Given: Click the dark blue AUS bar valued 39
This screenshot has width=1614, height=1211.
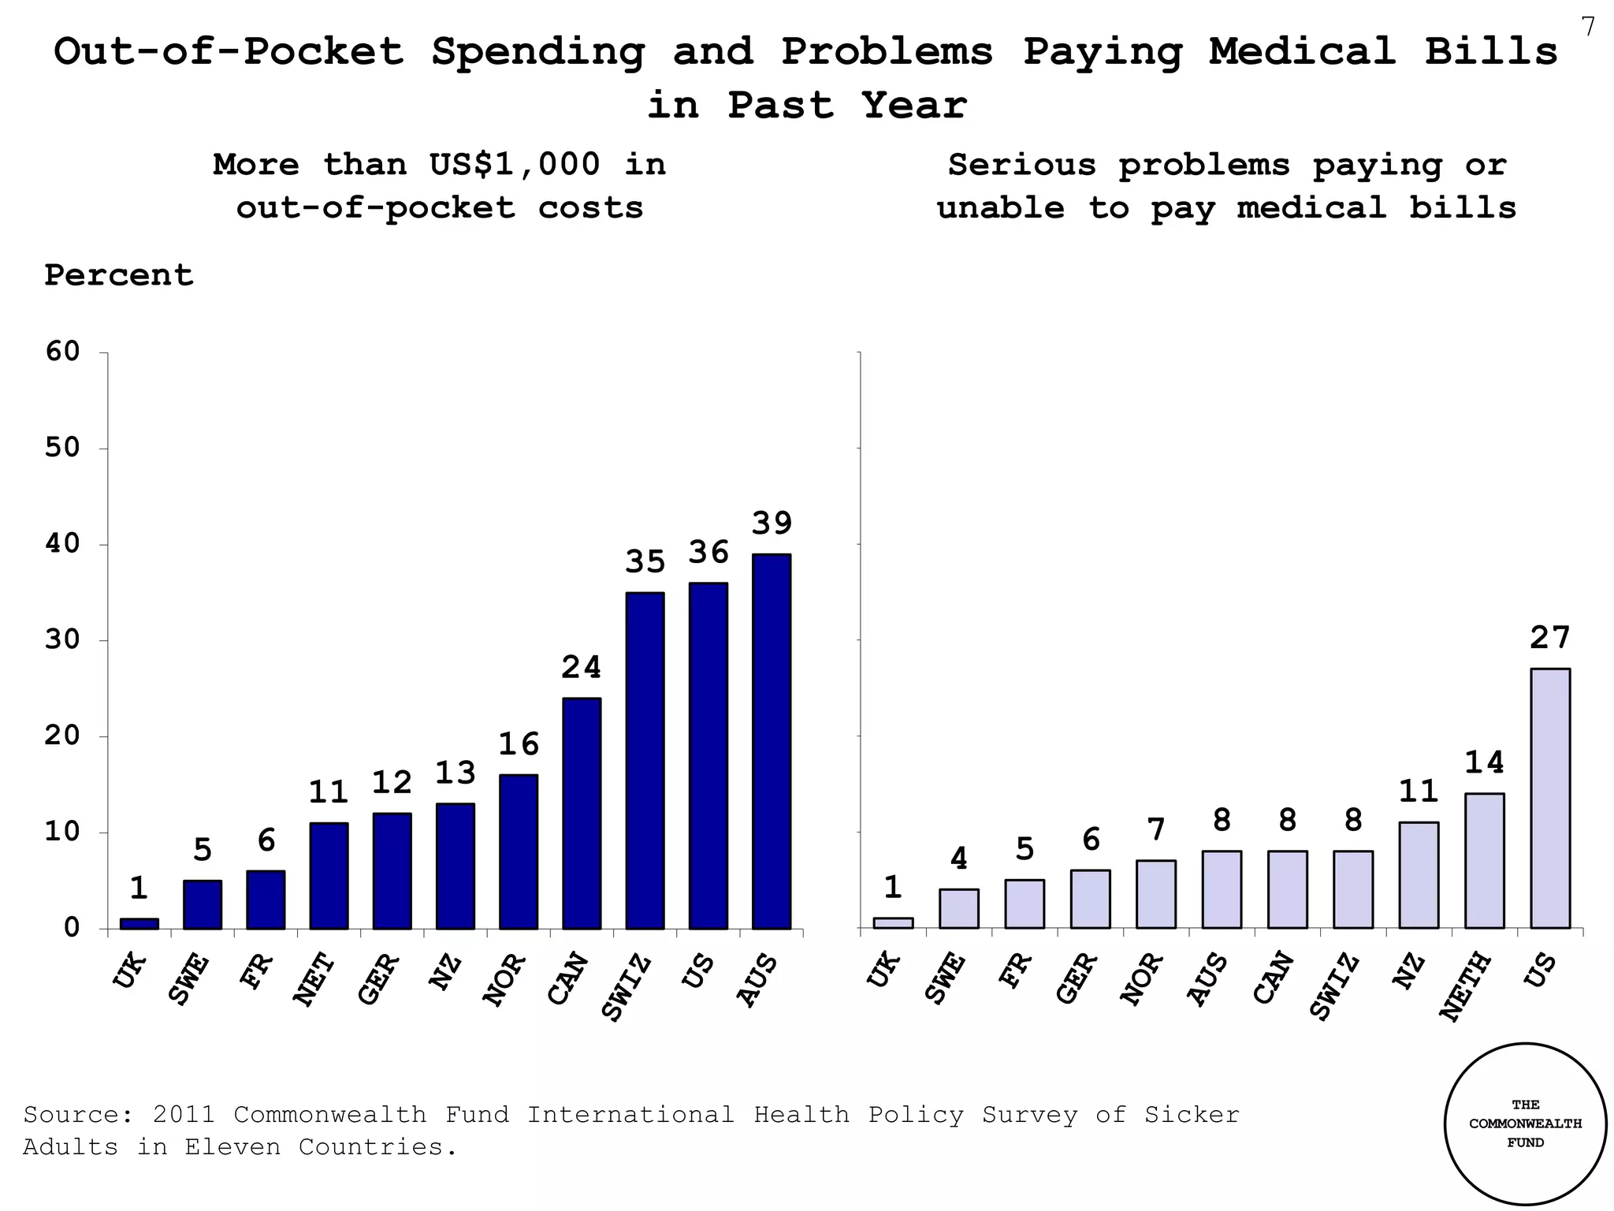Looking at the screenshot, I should coord(771,741).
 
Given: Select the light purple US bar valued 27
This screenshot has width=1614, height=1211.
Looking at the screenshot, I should coord(1549,798).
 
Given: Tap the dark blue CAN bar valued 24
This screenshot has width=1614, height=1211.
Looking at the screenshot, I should coord(582,813).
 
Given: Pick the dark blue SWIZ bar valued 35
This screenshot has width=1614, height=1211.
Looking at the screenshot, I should coord(645,760).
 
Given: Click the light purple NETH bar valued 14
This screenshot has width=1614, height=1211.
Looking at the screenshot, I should coord(1484,861).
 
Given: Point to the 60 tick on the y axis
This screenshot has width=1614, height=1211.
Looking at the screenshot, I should coord(63,352).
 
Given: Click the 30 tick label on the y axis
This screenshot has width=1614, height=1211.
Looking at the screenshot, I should coord(63,639).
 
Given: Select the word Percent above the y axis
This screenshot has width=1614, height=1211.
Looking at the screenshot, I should coord(118,275).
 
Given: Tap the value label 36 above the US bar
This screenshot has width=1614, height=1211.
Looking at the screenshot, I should coord(708,553).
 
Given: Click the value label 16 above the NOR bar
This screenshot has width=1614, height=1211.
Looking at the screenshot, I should coord(519,744).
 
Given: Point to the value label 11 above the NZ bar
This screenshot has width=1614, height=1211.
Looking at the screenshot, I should coord(1419,792).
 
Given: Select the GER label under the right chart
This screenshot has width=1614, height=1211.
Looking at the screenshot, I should coord(1077,978).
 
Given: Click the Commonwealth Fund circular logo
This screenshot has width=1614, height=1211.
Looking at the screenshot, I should coord(1525,1123).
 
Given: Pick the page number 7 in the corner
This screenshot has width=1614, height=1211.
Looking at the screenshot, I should coord(1588,28).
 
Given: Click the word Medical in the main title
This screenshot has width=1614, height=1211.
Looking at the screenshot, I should coord(1302,51).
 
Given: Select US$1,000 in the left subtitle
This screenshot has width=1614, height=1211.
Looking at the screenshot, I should coord(515,165).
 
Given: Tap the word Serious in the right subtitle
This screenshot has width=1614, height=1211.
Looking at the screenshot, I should coord(1021,165).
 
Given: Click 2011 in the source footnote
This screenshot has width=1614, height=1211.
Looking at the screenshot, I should coord(184,1114).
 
